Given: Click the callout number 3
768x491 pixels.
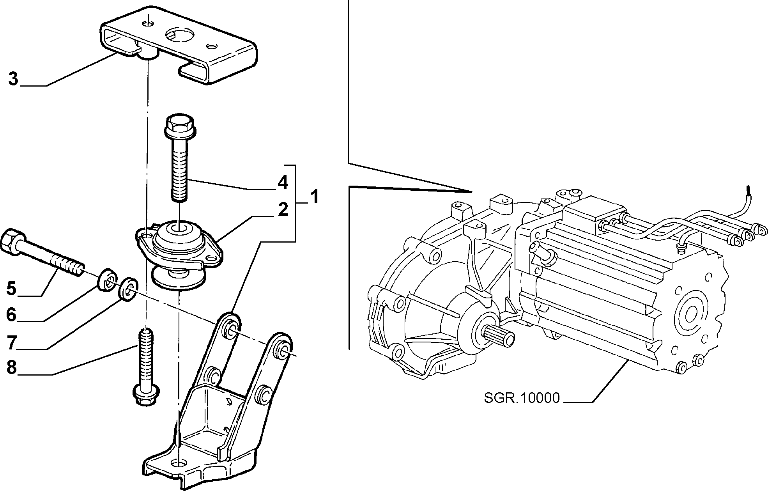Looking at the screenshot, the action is [x=13, y=79].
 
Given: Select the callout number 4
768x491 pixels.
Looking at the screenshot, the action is [x=282, y=182].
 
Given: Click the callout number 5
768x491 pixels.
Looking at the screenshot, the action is [x=12, y=289].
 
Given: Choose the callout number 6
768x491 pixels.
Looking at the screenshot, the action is [x=12, y=314].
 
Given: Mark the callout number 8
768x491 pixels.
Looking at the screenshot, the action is [x=12, y=367].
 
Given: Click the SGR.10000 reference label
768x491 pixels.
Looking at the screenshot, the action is [x=522, y=397].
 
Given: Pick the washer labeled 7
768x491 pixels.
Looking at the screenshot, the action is [x=128, y=289].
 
